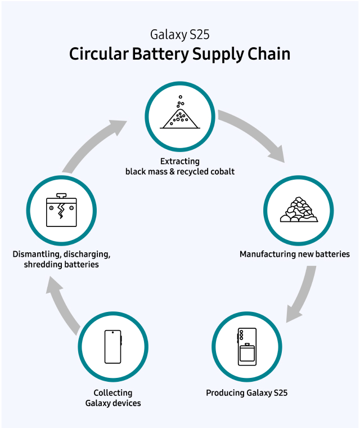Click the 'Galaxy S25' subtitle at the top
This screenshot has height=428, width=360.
[x=180, y=34]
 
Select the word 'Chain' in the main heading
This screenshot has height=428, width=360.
[x=268, y=55]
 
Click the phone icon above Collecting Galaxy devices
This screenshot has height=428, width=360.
[x=113, y=346]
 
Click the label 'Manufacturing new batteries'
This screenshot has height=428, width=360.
[x=295, y=254]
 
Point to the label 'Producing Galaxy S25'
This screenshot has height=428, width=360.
[x=247, y=393]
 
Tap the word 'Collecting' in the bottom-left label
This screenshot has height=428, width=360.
[x=113, y=393]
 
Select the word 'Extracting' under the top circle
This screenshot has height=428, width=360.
[x=180, y=162]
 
